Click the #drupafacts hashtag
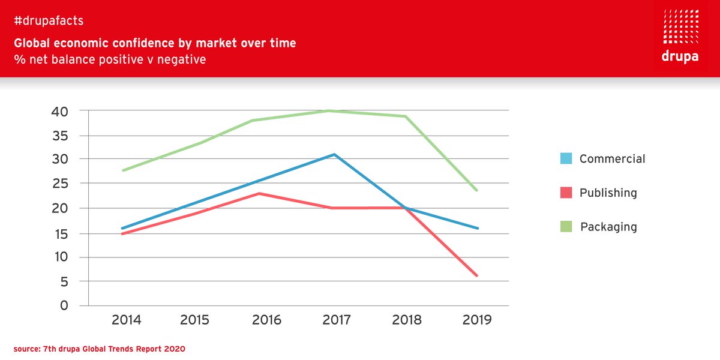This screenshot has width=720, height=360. click(x=49, y=21)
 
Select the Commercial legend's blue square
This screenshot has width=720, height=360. click(x=565, y=159)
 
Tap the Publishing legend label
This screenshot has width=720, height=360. click(x=608, y=193)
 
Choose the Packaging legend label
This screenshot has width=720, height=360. click(x=608, y=227)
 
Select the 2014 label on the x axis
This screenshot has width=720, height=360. click(x=126, y=320)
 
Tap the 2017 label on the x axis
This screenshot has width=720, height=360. click(x=337, y=320)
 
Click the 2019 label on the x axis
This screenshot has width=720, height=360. click(x=477, y=320)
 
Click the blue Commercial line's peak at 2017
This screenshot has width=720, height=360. click(x=334, y=154)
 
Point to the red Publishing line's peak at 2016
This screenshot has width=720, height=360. click(x=259, y=193)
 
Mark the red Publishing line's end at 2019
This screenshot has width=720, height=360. click(x=477, y=275)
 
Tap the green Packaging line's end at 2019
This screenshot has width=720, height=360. click(x=477, y=190)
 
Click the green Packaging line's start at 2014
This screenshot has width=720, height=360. click(x=122, y=170)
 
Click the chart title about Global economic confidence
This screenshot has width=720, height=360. click(x=155, y=43)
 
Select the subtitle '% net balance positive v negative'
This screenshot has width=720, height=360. click(x=110, y=60)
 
